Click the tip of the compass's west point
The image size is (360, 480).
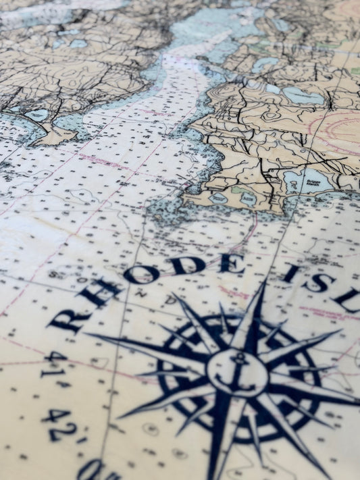88,334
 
